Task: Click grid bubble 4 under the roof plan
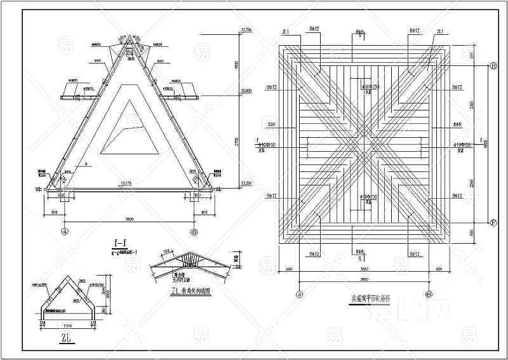point(298,294)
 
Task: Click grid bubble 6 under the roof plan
point(430,294)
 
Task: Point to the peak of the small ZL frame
point(66,276)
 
